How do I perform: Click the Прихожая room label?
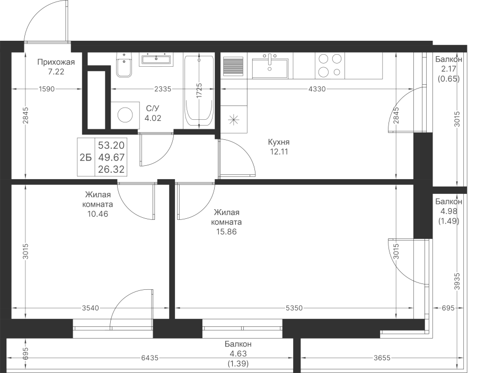tap(56, 63)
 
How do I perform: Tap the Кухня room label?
tap(279, 142)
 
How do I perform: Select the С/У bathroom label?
tap(153, 109)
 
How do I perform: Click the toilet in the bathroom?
tap(124, 65)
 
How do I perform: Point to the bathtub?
tap(199, 91)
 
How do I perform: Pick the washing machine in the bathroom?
tap(125, 115)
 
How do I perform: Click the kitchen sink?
tap(270, 68)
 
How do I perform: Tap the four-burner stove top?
tap(330, 65)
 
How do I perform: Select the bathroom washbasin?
tap(156, 59)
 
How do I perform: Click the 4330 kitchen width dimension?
tap(317, 89)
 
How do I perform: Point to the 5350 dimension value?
tap(294, 308)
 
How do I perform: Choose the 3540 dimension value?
tap(90, 308)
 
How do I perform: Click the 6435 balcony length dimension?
tap(150, 358)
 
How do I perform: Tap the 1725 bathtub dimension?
tap(199, 91)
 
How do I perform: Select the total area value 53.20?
tap(111, 145)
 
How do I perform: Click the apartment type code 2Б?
tap(85, 157)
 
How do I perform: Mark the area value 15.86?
tap(226, 232)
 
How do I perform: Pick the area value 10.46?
tap(98, 214)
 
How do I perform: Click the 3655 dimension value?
tap(382, 358)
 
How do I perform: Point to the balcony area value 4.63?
tap(238, 354)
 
